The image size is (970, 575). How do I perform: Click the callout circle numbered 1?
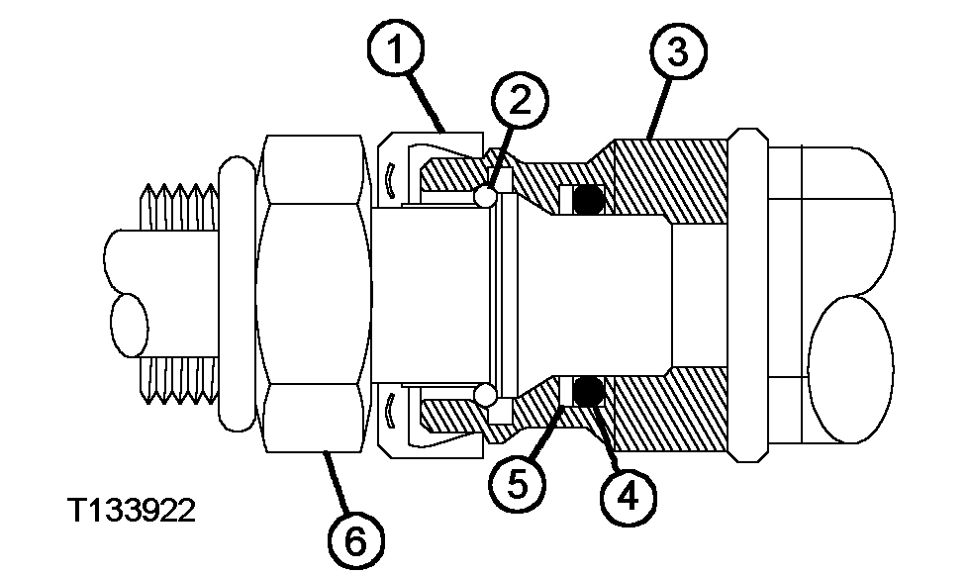point(396,48)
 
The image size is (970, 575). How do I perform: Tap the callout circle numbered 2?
point(521,100)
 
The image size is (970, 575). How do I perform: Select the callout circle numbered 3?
point(679,50)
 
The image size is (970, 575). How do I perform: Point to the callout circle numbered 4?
point(628,497)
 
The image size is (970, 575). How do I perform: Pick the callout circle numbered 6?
point(355,540)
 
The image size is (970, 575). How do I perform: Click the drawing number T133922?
point(131,511)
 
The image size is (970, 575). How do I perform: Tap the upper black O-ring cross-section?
point(588,199)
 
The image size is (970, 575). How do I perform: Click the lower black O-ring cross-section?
point(588,391)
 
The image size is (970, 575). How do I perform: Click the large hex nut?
point(314,294)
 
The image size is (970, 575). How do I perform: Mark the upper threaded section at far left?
point(179,207)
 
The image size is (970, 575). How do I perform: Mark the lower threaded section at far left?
point(179,380)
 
